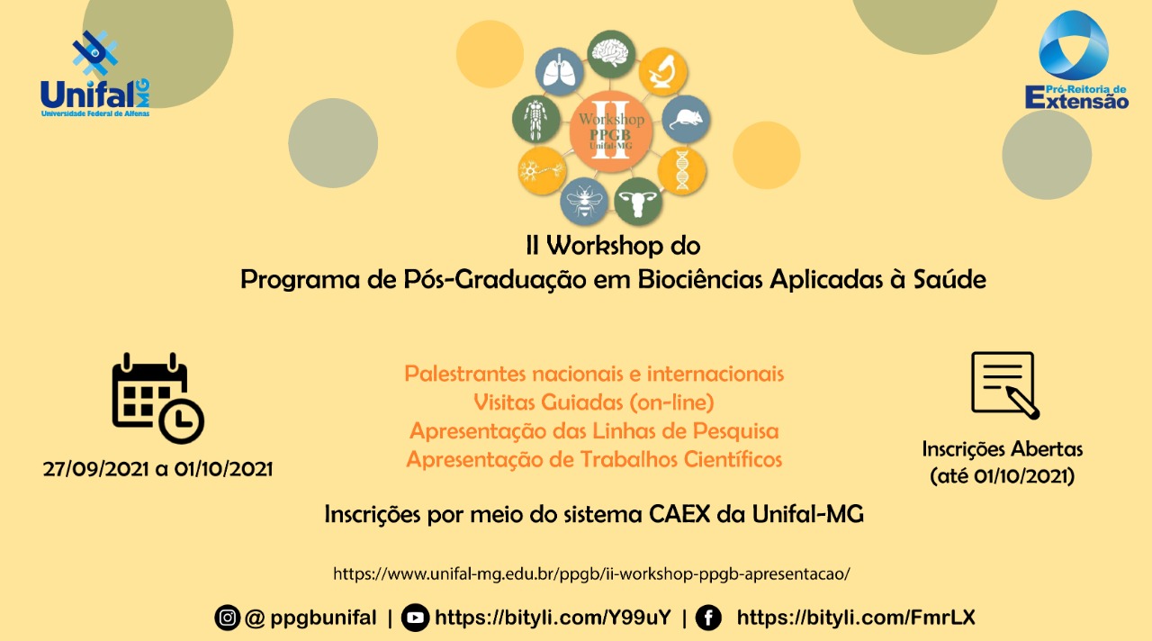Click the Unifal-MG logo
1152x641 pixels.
[95, 74]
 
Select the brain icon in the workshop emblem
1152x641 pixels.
[611, 54]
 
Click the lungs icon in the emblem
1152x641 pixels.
[560, 71]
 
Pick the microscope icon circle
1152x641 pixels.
[663, 71]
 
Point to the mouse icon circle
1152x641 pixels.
[686, 119]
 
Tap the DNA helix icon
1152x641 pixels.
[681, 171]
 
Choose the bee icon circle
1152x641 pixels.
[584, 201]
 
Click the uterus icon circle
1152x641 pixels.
[638, 201]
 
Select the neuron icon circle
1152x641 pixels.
[542, 171]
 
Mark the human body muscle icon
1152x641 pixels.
[535, 119]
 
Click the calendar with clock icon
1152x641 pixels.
[157, 398]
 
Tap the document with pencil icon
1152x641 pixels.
[1005, 385]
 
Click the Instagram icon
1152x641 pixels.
[228, 618]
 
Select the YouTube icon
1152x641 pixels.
[415, 618]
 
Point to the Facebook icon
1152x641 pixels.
[708, 618]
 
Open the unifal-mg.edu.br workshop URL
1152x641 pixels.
[591, 573]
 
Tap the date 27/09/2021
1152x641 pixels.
[96, 469]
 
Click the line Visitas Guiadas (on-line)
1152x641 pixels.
[593, 402]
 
